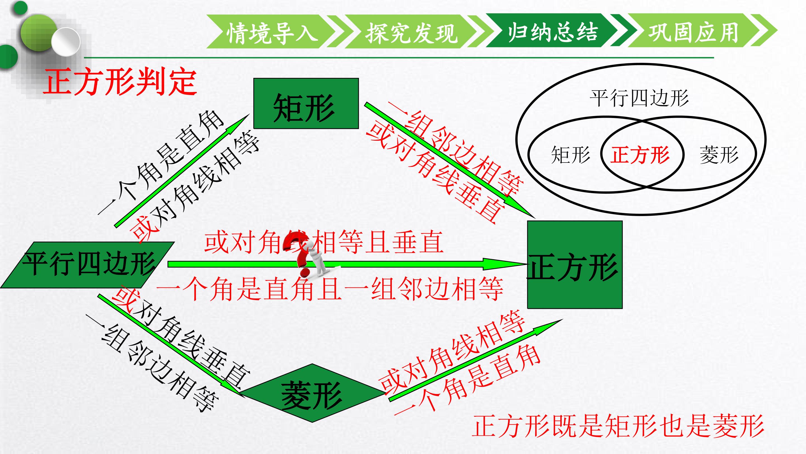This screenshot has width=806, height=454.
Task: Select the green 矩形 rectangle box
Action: pyautogui.click(x=306, y=103)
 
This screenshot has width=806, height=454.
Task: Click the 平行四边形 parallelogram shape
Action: pyautogui.click(x=88, y=265)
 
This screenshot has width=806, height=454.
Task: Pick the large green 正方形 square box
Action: pyautogui.click(x=575, y=265)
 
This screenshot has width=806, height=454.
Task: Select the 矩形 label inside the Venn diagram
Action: pyautogui.click(x=570, y=155)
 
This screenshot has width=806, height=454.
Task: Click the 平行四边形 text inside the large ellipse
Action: pyautogui.click(x=639, y=98)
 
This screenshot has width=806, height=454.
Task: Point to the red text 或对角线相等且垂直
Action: pyautogui.click(x=324, y=242)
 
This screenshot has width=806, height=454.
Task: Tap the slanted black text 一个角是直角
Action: pyautogui.click(x=161, y=163)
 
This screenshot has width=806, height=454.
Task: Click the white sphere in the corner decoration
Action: pyautogui.click(x=66, y=42)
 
